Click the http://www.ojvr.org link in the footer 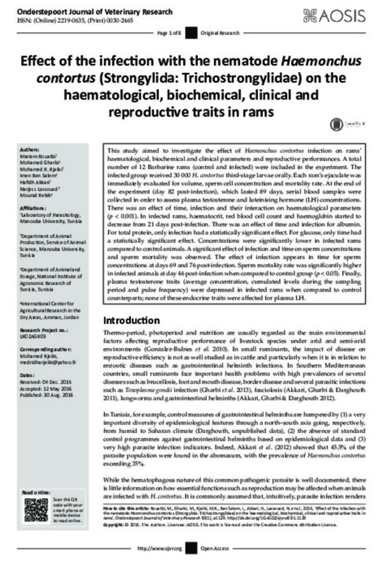point(160,566)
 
